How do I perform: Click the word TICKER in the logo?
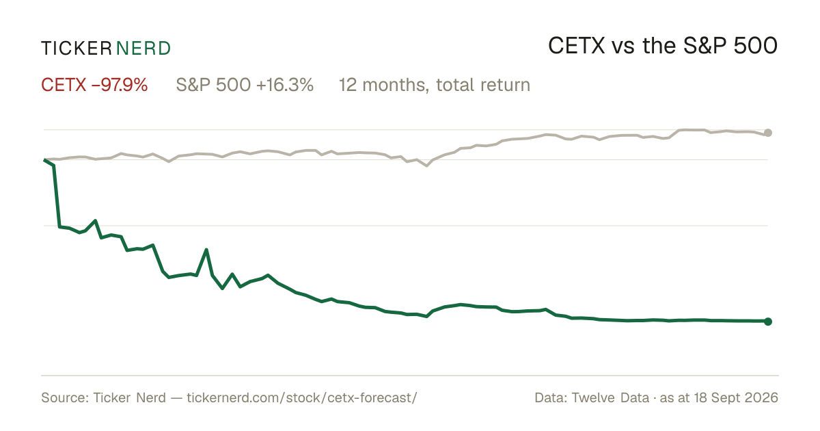click(x=76, y=49)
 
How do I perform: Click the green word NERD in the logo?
click(x=143, y=49)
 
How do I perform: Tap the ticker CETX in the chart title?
click(x=577, y=46)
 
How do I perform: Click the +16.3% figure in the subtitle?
click(x=285, y=85)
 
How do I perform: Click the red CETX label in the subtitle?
click(x=64, y=85)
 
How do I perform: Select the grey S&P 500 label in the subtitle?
click(x=213, y=85)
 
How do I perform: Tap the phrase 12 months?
click(x=383, y=86)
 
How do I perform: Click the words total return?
click(x=483, y=85)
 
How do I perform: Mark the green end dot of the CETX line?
click(x=768, y=322)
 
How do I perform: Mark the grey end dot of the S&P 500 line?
click(x=768, y=133)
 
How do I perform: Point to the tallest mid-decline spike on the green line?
click(x=206, y=250)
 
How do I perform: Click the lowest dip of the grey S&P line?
click(x=426, y=166)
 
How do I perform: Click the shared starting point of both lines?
click(x=44, y=160)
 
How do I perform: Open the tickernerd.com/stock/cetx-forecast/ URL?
click(x=302, y=397)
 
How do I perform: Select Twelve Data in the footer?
click(x=610, y=397)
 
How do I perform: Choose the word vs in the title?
click(x=623, y=48)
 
